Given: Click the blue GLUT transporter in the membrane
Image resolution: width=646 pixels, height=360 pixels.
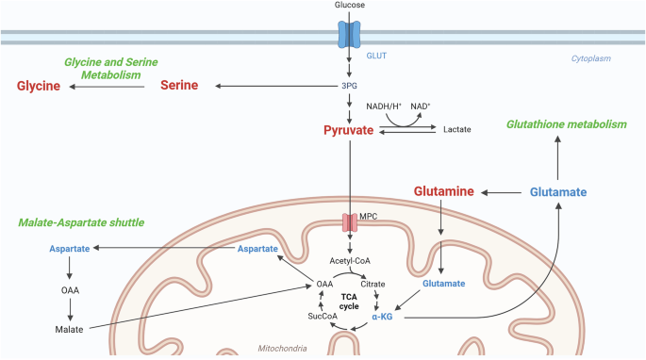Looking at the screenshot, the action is [349, 35].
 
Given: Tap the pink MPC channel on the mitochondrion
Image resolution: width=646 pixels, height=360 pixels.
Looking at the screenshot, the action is [350, 222].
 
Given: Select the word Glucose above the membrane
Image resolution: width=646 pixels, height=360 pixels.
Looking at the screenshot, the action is [349, 5].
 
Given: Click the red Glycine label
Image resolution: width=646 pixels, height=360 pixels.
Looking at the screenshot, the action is [39, 86].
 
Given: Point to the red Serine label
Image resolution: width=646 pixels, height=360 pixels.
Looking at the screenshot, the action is [179, 85].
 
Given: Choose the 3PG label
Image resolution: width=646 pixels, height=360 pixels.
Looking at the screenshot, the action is [349, 86].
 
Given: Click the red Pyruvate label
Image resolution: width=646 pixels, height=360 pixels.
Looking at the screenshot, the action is [349, 130].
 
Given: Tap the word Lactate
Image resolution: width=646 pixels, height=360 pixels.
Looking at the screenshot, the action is [456, 129].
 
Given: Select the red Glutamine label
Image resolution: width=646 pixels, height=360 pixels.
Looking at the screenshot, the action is [444, 191].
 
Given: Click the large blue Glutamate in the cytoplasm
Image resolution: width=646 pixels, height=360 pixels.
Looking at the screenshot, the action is [558, 192].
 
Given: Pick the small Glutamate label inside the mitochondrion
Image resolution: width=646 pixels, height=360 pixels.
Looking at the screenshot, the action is [444, 284].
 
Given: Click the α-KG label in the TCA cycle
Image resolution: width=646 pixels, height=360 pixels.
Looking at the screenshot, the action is [382, 317].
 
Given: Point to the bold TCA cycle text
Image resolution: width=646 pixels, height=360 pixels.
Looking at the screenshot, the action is [349, 302].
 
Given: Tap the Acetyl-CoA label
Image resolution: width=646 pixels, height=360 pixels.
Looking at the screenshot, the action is [350, 261].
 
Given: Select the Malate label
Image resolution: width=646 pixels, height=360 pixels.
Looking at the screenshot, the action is [69, 330].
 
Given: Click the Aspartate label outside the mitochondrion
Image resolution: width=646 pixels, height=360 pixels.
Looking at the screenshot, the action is [70, 249].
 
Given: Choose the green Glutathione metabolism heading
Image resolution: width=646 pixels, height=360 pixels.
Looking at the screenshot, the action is [567, 124].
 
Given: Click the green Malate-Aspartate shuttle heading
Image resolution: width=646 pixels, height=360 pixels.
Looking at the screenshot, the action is [81, 222].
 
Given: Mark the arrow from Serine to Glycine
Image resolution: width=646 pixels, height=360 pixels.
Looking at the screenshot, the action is [107, 87].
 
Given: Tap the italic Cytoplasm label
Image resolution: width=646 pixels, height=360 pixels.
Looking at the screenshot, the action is [590, 58].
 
